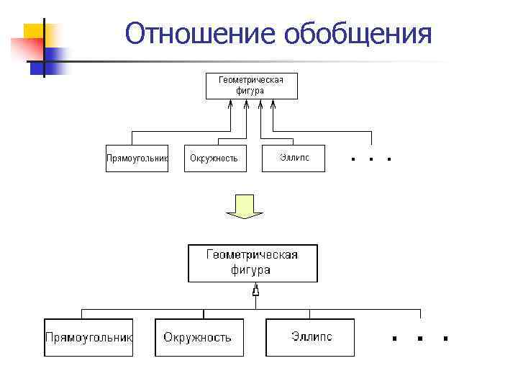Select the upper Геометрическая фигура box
pyautogui.click(x=251, y=86)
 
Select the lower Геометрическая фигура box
pyautogui.click(x=252, y=263)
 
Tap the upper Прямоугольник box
pyautogui.click(x=137, y=158)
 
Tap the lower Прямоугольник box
pyautogui.click(x=88, y=337)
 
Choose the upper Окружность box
pyautogui.click(x=214, y=158)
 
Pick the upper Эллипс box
pyautogui.click(x=295, y=158)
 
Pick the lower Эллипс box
pyautogui.click(x=310, y=337)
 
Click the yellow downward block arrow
pyautogui.click(x=245, y=206)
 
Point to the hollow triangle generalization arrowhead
pyautogui.click(x=255, y=292)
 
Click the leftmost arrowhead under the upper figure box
pyautogui.click(x=230, y=104)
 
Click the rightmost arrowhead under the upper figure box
pyautogui.click(x=273, y=104)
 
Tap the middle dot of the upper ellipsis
pyautogui.click(x=371, y=158)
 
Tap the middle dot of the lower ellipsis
pyautogui.click(x=419, y=337)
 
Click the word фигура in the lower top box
pyautogui.click(x=251, y=270)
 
